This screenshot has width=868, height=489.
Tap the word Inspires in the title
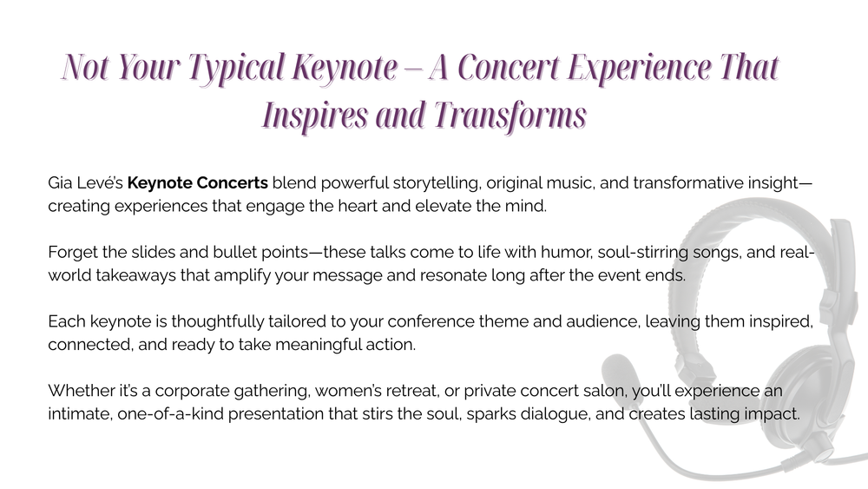click(315, 116)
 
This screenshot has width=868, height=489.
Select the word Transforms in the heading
click(510, 116)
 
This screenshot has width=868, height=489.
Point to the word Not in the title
click(85, 67)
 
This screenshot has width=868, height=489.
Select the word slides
click(154, 252)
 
